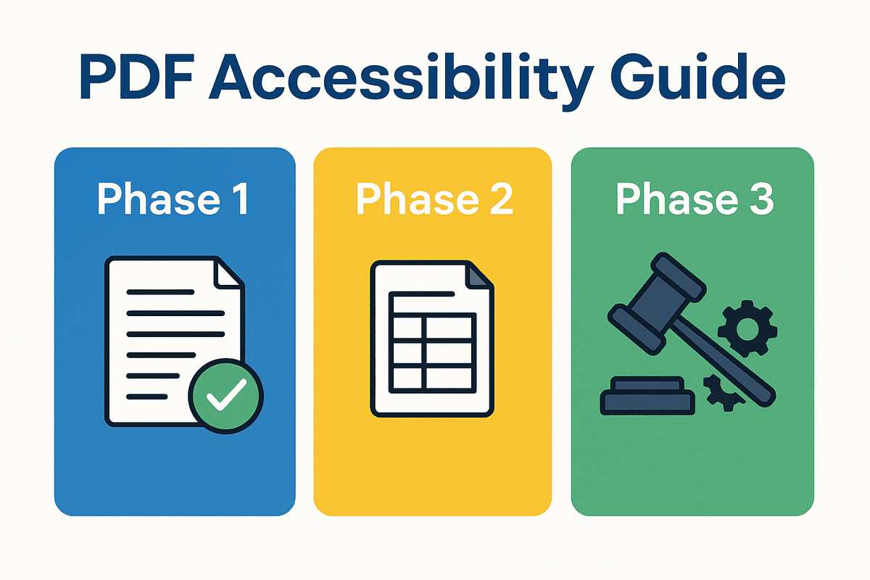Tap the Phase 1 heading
[174, 199]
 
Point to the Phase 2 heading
[434, 199]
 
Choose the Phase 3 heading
[694, 199]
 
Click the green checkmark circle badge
[225, 394]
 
